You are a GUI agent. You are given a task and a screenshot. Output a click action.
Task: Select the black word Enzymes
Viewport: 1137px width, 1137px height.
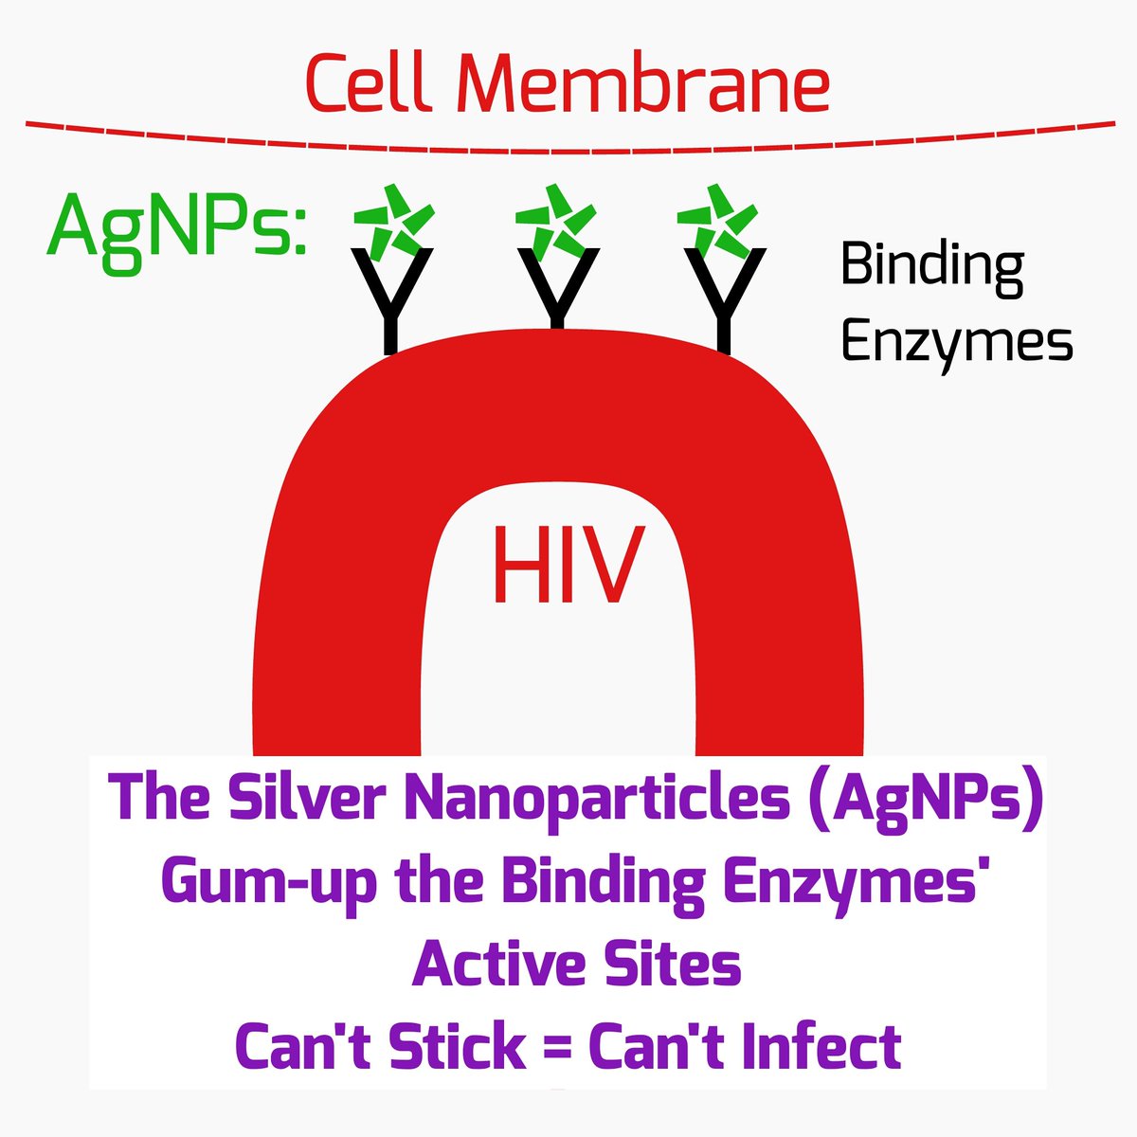pos(957,343)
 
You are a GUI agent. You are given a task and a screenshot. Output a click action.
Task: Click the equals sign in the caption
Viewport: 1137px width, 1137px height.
pos(556,1048)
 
